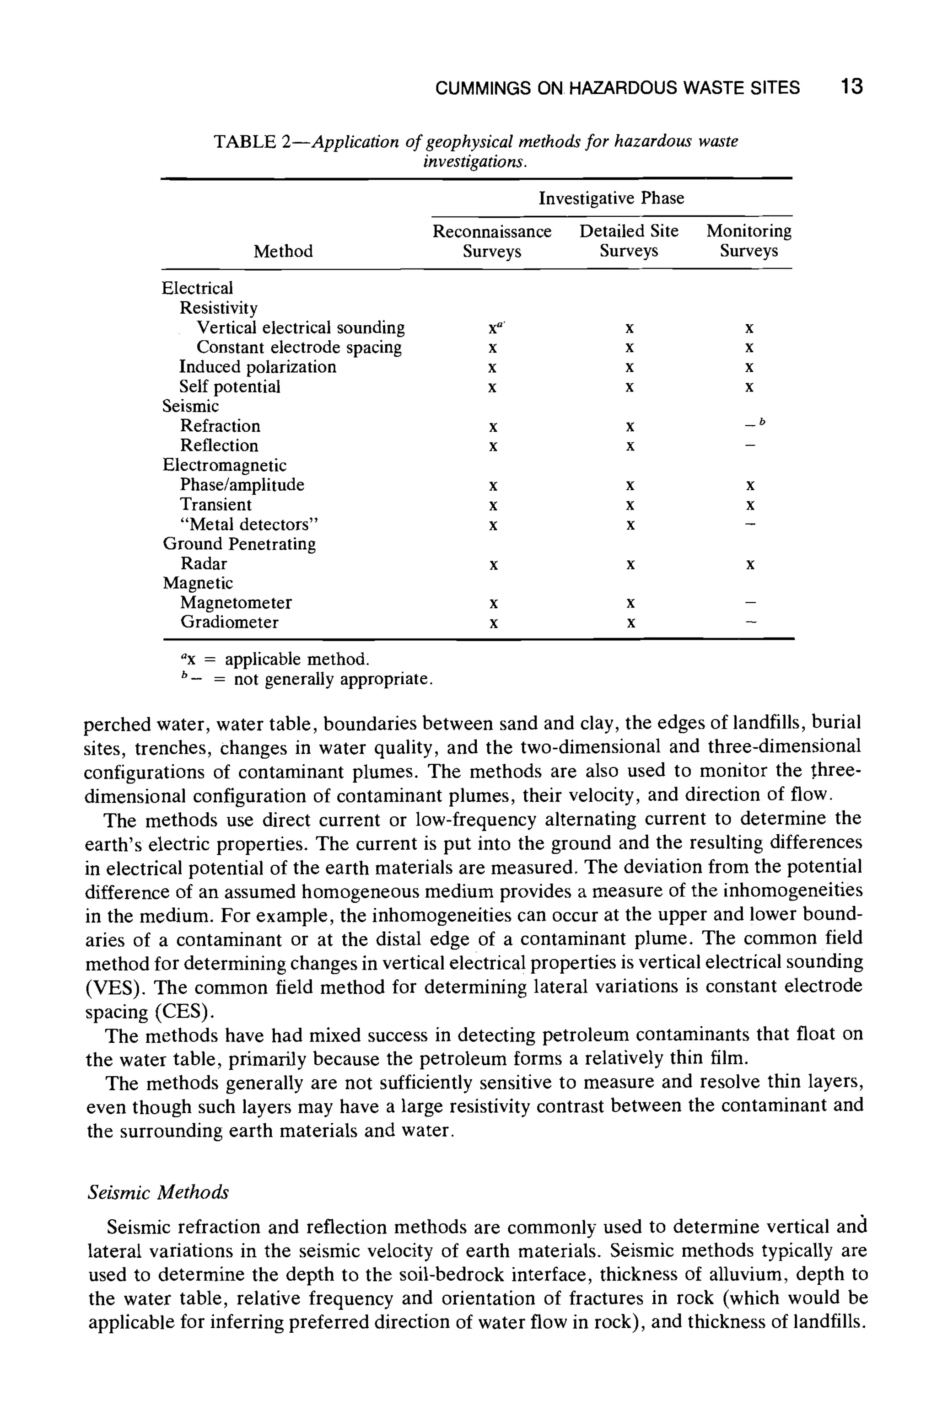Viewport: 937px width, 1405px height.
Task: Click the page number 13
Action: click(x=851, y=87)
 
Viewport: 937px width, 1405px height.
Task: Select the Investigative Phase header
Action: click(x=611, y=198)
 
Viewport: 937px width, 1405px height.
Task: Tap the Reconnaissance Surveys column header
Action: click(x=492, y=241)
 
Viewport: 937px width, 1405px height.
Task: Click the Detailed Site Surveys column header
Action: click(x=629, y=241)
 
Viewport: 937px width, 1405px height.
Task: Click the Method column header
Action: click(x=283, y=252)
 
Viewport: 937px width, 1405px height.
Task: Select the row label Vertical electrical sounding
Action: click(x=301, y=328)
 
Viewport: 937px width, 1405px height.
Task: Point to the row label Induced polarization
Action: click(x=258, y=367)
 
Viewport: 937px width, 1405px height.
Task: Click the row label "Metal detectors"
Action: click(x=249, y=525)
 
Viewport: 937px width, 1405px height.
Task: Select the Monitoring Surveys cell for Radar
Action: click(x=750, y=564)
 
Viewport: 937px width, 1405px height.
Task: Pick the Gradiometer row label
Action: click(x=230, y=622)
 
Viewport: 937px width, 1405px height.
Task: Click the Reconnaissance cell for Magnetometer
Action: click(x=493, y=603)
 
